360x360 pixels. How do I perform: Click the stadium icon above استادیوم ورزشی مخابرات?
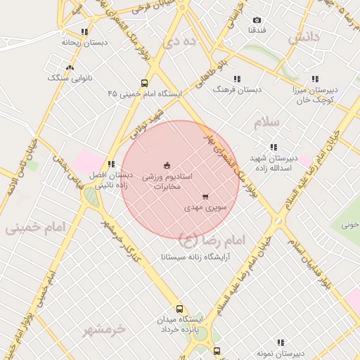pos(167,165)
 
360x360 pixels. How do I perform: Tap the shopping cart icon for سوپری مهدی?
pos(205,197)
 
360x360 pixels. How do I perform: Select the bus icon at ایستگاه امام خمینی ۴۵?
pos(144,82)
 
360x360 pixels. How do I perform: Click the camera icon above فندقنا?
pos(257,20)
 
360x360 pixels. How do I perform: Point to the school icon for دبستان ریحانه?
pos(85,32)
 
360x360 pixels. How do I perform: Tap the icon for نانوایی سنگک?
pos(69,67)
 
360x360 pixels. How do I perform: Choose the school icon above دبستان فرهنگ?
pos(237,79)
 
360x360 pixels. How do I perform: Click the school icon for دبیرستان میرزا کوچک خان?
pos(315,79)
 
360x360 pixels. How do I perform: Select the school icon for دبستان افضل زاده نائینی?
pos(111,164)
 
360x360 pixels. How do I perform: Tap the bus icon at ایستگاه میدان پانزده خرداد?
pos(179,309)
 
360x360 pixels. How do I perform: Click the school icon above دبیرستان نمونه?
pos(281,342)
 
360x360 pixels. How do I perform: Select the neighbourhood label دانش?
pos(304,36)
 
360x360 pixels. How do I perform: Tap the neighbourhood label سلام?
pos(267,122)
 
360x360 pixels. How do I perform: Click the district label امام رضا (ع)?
pos(212,240)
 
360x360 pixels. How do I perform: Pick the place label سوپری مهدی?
pos(204,208)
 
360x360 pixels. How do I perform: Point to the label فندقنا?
pos(257,31)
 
